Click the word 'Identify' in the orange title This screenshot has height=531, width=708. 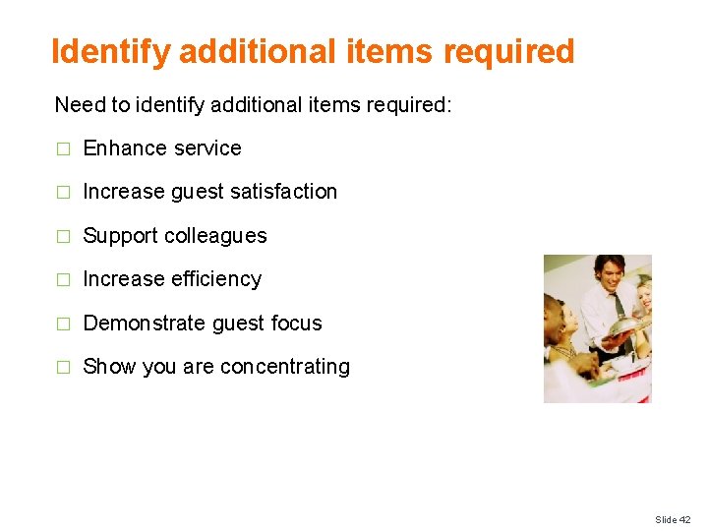pyautogui.click(x=111, y=51)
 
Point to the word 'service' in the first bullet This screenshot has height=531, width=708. pyautogui.click(x=208, y=148)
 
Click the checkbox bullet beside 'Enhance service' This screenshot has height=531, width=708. pyautogui.click(x=63, y=149)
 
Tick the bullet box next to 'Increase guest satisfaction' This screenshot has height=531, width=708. pyautogui.click(x=63, y=193)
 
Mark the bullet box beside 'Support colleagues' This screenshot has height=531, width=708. pyautogui.click(x=63, y=237)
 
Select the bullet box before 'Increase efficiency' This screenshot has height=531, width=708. pyautogui.click(x=63, y=280)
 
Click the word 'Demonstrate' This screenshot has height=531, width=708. pyautogui.click(x=145, y=324)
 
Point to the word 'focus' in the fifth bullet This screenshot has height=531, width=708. pyautogui.click(x=295, y=324)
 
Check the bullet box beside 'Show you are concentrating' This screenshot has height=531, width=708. pyautogui.click(x=63, y=368)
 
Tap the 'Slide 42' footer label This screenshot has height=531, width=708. pyautogui.click(x=673, y=519)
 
